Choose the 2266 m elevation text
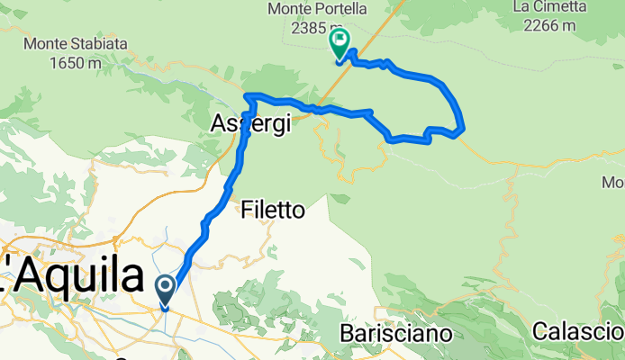pyautogui.click(x=543, y=26)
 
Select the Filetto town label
pyautogui.click(x=274, y=211)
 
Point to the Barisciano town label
pyautogui.click(x=395, y=333)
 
